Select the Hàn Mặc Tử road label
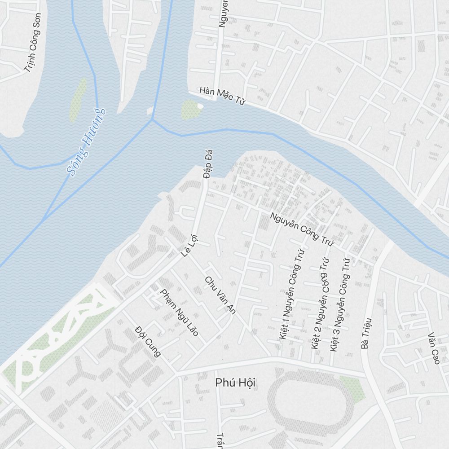(222, 96)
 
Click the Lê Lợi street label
(189, 247)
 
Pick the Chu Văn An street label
(220, 295)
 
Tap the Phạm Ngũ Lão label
(179, 312)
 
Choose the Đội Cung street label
(148, 342)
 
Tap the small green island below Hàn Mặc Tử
(189, 109)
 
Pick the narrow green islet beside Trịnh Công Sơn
(78, 99)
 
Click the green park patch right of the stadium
(353, 389)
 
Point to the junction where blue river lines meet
(153, 119)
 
